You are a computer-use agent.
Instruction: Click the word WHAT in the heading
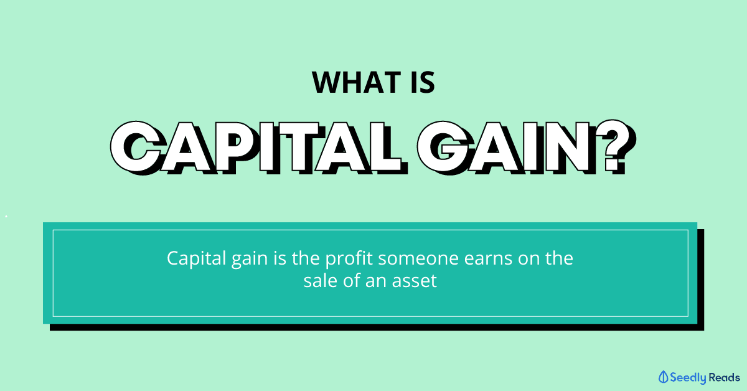pyautogui.click(x=356, y=82)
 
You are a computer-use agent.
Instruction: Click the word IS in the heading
pyautogui.click(x=423, y=82)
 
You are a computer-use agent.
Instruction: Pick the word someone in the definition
pyautogui.click(x=418, y=259)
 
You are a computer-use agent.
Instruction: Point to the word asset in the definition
pyautogui.click(x=414, y=281)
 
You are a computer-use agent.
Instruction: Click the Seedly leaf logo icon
pyautogui.click(x=663, y=377)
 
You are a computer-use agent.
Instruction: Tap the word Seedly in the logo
pyautogui.click(x=688, y=378)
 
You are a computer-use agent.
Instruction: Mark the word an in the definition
pyautogui.click(x=376, y=282)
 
